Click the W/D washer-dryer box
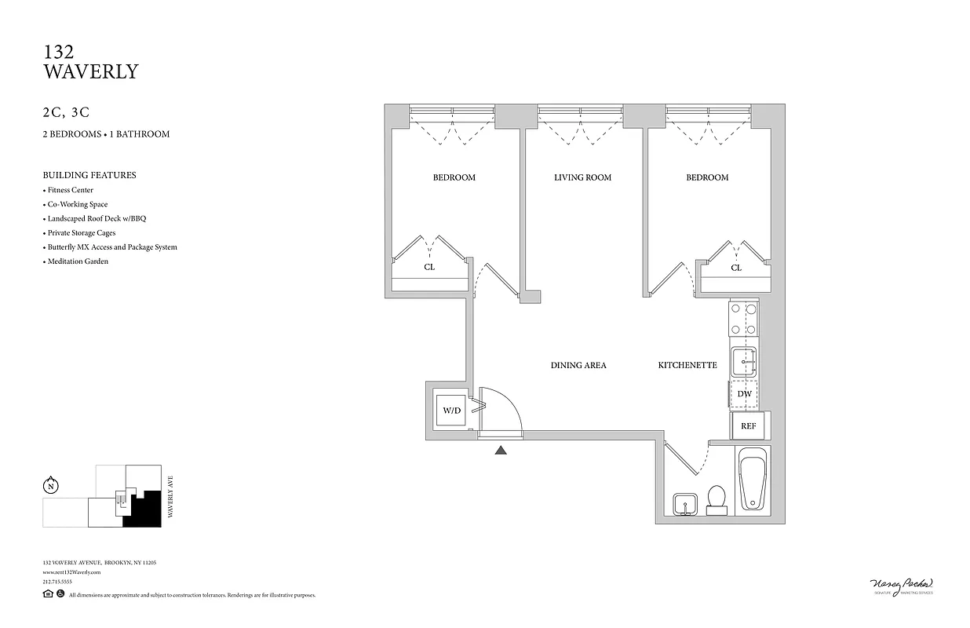(x=451, y=409)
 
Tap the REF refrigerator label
(x=748, y=426)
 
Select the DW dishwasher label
(x=745, y=394)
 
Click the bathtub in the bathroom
(x=752, y=479)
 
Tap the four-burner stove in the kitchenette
(x=743, y=319)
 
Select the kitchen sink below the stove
(x=743, y=362)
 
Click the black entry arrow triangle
(x=501, y=450)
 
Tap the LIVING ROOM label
(x=582, y=177)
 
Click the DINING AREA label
(x=578, y=365)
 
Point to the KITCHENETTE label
(x=687, y=365)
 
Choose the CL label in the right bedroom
(x=736, y=268)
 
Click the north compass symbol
(x=51, y=485)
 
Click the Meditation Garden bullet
(x=77, y=261)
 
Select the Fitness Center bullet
(x=70, y=190)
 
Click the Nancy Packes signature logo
(x=903, y=586)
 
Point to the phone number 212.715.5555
(x=57, y=582)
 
